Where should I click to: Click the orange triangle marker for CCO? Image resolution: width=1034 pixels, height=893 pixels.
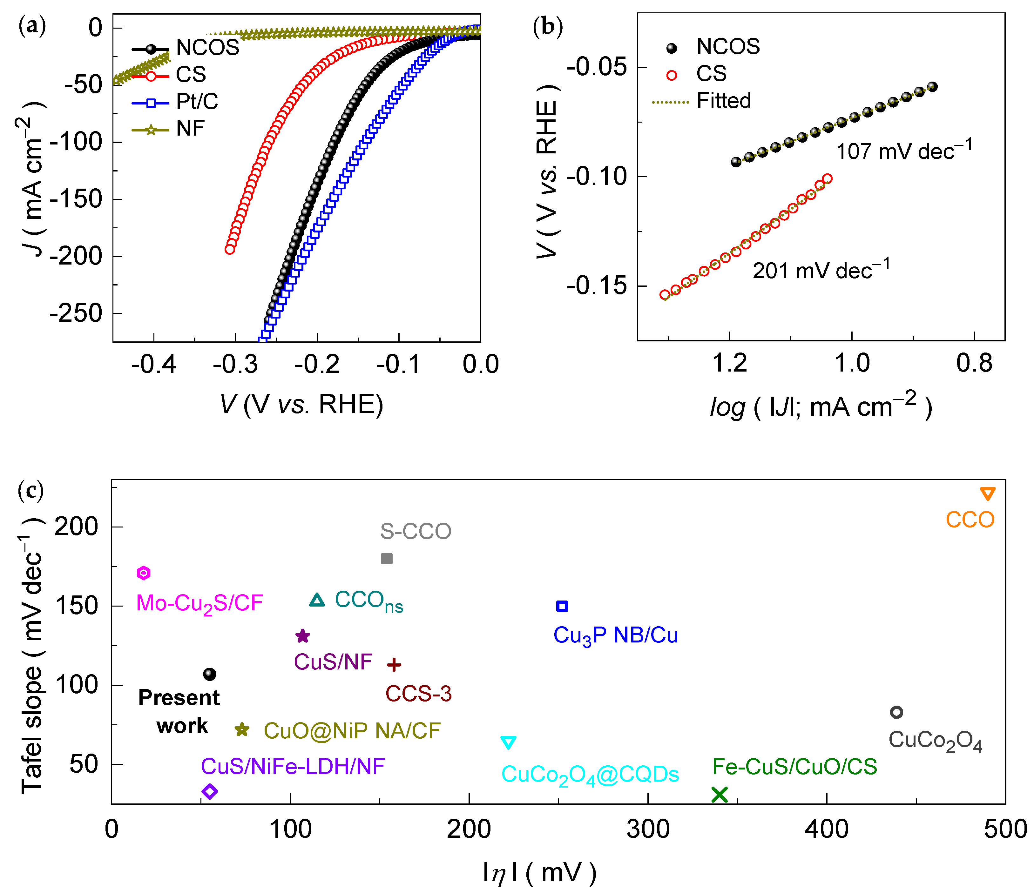click(988, 493)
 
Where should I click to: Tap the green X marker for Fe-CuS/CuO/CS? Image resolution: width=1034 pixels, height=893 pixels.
click(719, 794)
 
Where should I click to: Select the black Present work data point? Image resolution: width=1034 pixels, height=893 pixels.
click(210, 674)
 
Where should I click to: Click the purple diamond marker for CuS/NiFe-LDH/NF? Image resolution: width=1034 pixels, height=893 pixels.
click(210, 791)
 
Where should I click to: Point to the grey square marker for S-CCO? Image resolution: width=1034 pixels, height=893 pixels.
click(387, 558)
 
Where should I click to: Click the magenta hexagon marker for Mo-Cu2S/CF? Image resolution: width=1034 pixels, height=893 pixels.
click(144, 573)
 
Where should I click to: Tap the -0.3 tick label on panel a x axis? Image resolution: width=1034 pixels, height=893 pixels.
click(235, 364)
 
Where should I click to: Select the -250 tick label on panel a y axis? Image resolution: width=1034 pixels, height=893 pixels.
click(76, 313)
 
